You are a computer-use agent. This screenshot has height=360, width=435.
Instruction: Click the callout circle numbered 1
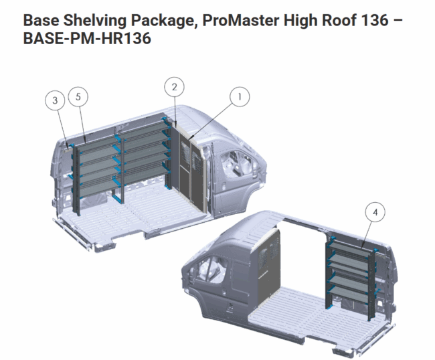pos(240,97)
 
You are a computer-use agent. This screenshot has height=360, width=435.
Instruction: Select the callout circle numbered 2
pos(174,87)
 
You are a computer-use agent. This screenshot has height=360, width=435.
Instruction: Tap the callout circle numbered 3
pos(55,100)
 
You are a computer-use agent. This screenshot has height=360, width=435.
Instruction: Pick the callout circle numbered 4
pos(375,212)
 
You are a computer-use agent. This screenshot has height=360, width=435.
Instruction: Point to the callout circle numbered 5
pos(78,97)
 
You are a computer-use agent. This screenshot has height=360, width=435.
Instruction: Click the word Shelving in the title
pos(95,21)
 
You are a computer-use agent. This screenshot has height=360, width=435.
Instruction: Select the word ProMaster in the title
pos(241,20)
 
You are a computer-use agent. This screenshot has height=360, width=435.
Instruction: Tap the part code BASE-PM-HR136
pos(87,39)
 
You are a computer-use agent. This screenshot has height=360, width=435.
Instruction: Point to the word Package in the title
pos(165,21)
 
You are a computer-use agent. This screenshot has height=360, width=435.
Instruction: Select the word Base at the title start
pos(41,20)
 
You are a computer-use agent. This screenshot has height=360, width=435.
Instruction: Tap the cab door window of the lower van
pos(210,268)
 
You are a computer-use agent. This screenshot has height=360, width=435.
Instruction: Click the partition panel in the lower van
pos(268,268)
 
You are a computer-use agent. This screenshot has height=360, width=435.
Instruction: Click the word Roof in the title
pos(335,20)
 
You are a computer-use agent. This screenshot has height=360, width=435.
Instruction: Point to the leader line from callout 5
pos(82,124)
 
